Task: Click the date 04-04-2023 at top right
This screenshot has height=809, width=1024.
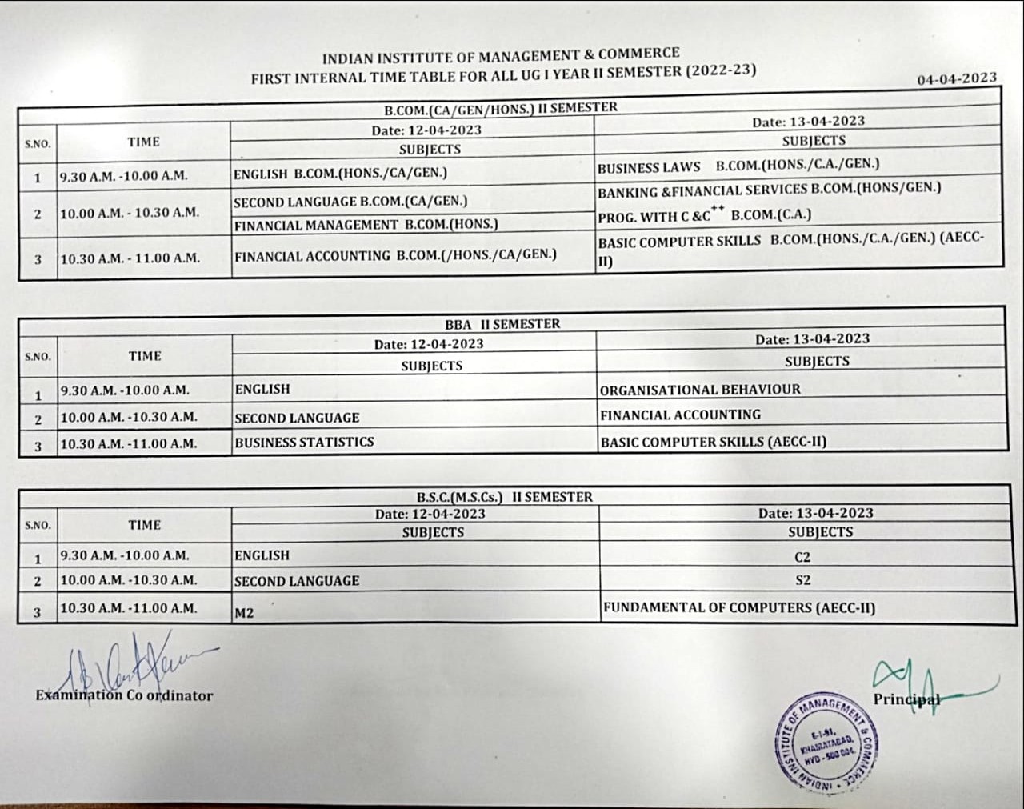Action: pyautogui.click(x=957, y=78)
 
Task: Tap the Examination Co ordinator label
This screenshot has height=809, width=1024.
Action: pyautogui.click(x=124, y=695)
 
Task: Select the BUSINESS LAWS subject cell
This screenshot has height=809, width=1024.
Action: pyautogui.click(x=649, y=167)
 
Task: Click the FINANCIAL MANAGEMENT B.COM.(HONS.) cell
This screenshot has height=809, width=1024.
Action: pyautogui.click(x=366, y=225)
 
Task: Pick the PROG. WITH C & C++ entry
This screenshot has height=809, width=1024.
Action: pyautogui.click(x=704, y=215)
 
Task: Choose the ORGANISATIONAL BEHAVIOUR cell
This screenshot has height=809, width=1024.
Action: pyautogui.click(x=700, y=390)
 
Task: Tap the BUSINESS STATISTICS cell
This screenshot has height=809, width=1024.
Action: pyautogui.click(x=304, y=442)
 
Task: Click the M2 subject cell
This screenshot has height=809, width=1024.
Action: pyautogui.click(x=244, y=613)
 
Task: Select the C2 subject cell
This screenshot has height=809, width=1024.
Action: pyautogui.click(x=804, y=555)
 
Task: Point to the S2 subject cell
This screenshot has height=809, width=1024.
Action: pyautogui.click(x=803, y=580)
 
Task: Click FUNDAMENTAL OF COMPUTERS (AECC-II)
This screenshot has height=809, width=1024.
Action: pyautogui.click(x=739, y=607)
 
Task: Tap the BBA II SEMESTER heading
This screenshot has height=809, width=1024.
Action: pyautogui.click(x=502, y=324)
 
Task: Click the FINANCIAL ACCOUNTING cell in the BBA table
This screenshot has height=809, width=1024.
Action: pyautogui.click(x=680, y=415)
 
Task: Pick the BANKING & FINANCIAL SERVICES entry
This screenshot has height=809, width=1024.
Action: pyautogui.click(x=769, y=190)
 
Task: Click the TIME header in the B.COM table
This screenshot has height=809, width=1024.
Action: pyautogui.click(x=143, y=142)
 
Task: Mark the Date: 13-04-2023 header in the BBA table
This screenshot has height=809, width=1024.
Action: pyautogui.click(x=812, y=339)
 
